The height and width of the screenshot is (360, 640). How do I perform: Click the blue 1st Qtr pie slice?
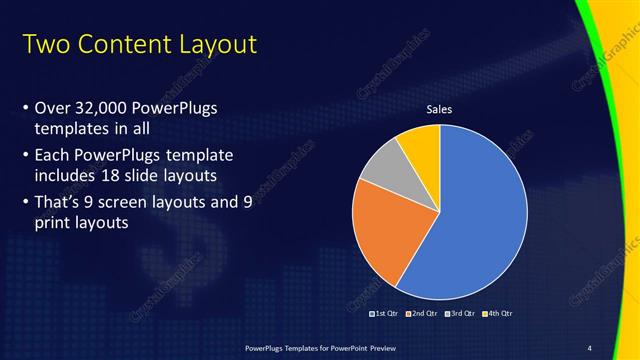point(480,220)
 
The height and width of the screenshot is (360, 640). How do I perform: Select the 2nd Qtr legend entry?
point(420,313)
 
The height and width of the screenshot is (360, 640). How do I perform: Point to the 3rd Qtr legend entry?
point(459,313)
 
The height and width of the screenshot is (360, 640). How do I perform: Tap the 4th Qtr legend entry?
point(497,313)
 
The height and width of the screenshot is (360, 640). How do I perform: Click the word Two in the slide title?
point(45,45)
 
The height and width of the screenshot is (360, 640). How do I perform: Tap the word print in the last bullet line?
point(53,224)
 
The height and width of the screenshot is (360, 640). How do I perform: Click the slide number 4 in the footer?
point(590,347)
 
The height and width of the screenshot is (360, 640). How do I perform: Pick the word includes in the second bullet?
point(66,178)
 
